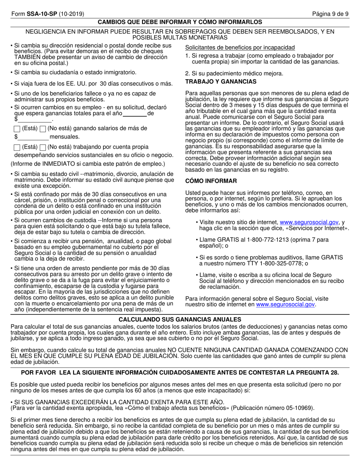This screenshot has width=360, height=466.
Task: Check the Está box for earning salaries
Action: [17, 129]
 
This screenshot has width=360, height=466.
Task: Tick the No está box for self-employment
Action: [43, 147]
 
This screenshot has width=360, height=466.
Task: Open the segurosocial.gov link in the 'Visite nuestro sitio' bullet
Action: [308, 222]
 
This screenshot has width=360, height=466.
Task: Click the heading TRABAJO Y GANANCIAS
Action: [221, 81]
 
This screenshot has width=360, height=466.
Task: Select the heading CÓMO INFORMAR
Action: [211, 181]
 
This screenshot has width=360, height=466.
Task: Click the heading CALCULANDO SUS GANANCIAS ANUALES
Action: [180, 319]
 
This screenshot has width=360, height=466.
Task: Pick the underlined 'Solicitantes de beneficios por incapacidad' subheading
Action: [239, 47]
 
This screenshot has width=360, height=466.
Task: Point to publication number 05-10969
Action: [298, 408]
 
